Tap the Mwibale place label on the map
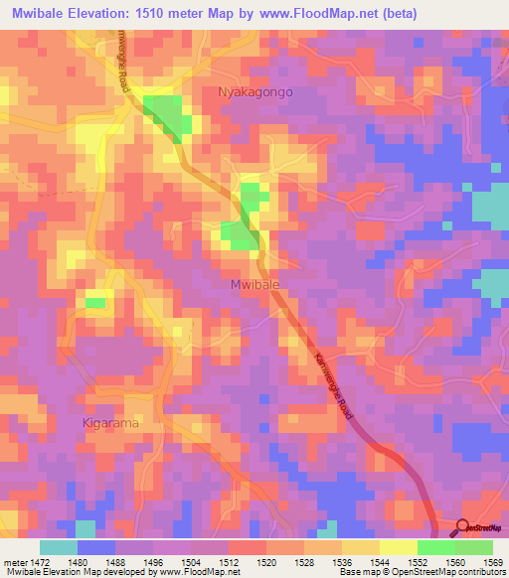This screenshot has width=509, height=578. click(x=250, y=283)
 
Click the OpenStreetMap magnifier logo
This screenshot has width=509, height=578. click(x=463, y=527)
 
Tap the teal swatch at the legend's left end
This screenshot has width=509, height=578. click(x=59, y=547)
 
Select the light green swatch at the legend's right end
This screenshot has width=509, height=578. click(x=474, y=547)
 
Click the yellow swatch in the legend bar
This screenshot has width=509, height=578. click(x=399, y=547)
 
